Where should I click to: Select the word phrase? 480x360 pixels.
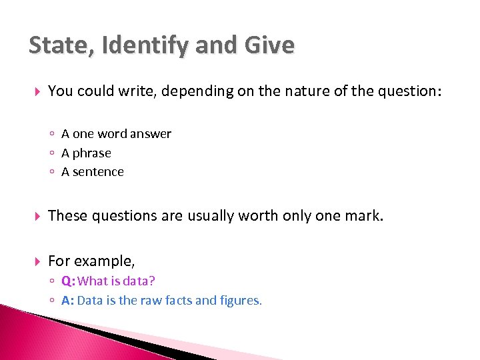point(91,153)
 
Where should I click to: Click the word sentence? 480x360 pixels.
point(99,172)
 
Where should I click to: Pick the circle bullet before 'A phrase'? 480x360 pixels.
point(52,153)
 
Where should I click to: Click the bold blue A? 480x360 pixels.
point(67,300)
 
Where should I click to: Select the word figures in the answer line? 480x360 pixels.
point(241,301)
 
